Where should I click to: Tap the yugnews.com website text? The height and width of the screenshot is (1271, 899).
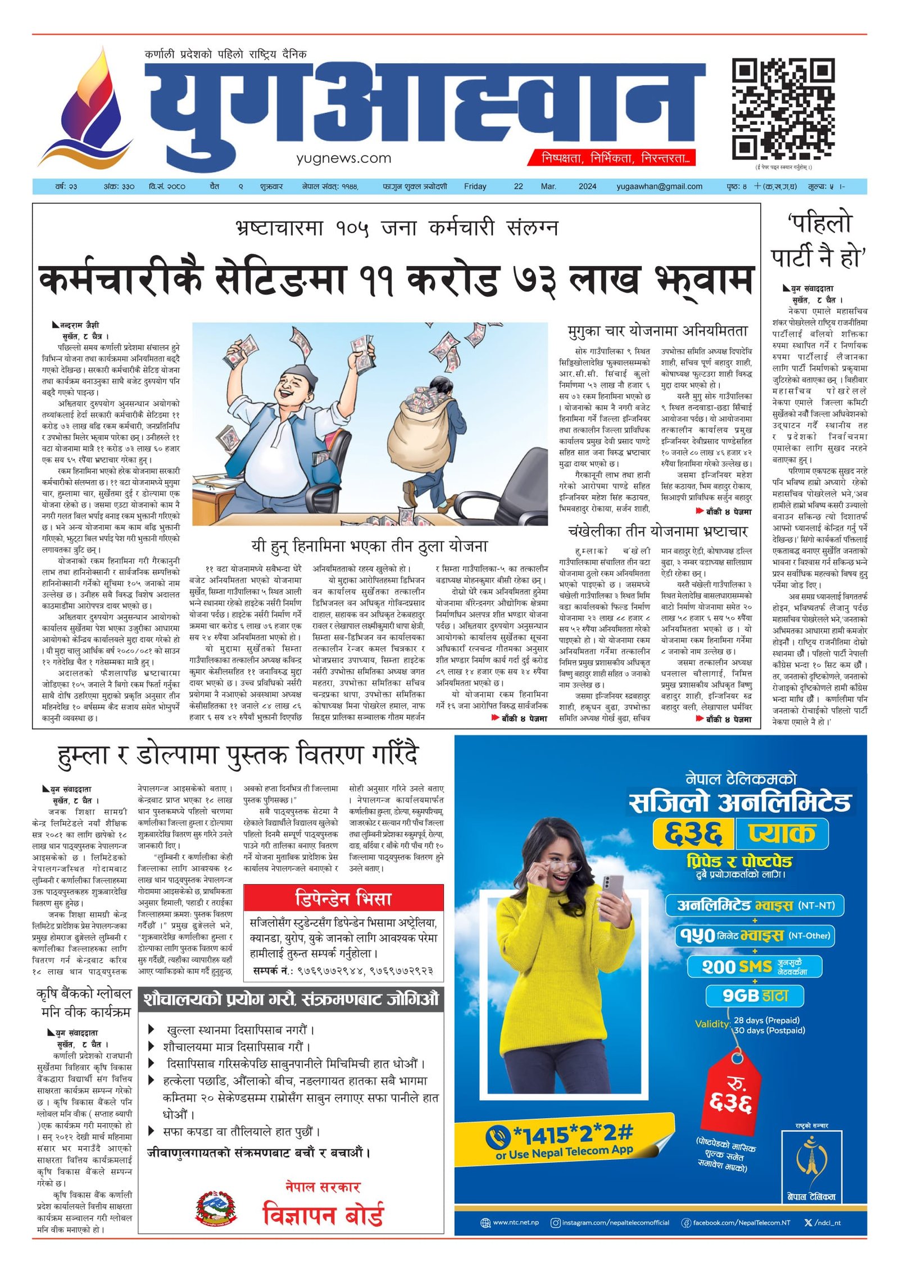pos(343,158)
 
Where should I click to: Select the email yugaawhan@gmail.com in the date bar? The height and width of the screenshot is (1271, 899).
pos(659,186)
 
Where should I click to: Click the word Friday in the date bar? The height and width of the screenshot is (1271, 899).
pos(475,186)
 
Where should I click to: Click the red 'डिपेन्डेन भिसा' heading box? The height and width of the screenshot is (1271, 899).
pos(343,899)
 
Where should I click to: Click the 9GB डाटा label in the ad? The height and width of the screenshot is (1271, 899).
pos(755,996)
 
